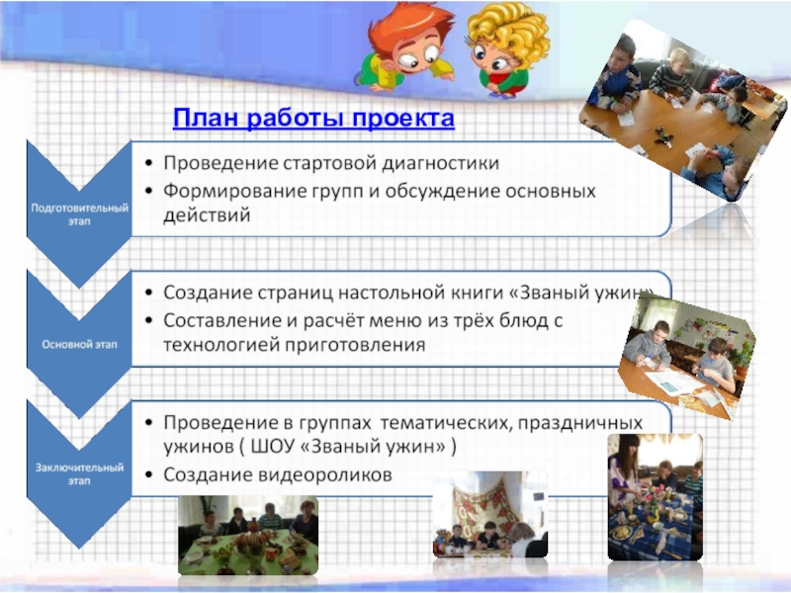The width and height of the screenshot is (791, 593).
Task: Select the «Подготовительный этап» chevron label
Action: click(80, 214)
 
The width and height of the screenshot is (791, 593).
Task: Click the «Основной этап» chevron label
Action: click(79, 344)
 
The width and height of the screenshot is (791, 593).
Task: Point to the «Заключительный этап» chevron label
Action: click(79, 474)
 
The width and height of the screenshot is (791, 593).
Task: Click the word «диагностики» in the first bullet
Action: click(440, 164)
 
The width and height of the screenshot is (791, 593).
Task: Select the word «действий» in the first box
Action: click(207, 215)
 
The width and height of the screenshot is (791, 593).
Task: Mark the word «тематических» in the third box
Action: click(446, 423)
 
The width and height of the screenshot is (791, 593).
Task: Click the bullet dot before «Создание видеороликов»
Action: click(148, 474)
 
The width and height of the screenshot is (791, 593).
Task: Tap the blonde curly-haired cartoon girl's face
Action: click(493, 57)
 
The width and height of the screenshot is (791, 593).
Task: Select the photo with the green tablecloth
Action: click(248, 535)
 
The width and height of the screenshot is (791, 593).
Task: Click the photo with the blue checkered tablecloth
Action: click(655, 497)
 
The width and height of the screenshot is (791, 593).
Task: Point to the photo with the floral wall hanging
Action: click(489, 514)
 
